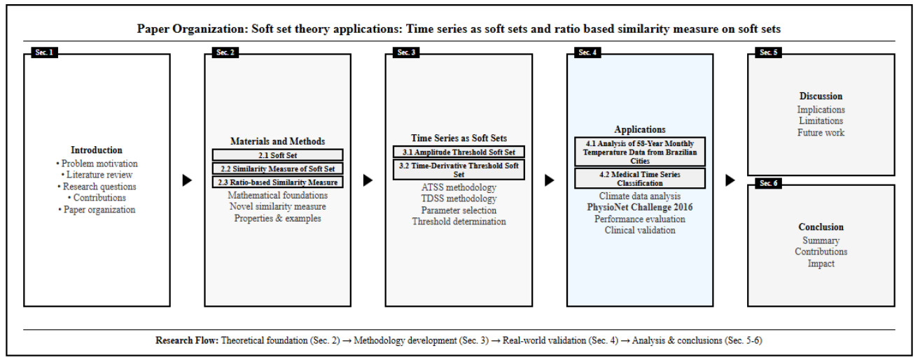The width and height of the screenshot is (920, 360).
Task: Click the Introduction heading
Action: (x=97, y=150)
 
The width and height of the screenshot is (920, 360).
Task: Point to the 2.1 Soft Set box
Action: (x=278, y=154)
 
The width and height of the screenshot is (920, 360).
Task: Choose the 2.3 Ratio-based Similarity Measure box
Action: (x=278, y=182)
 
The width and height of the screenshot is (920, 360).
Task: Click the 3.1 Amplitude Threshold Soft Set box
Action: (x=459, y=152)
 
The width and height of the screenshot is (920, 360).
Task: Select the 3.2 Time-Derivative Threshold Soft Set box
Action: (x=459, y=170)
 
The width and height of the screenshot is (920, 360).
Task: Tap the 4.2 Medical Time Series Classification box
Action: (x=639, y=178)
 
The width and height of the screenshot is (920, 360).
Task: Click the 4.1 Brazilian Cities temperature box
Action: (x=639, y=152)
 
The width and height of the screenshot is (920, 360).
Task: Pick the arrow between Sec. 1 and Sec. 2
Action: (x=187, y=180)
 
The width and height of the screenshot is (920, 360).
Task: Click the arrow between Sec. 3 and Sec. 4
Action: (x=550, y=180)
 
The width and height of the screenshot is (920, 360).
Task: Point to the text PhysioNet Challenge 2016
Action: (x=639, y=208)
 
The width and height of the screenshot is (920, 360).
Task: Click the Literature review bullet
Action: (x=97, y=175)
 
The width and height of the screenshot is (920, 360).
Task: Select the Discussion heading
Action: (x=821, y=96)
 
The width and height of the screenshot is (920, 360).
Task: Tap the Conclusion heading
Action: (x=821, y=227)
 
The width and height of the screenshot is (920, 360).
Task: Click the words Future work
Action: (x=821, y=133)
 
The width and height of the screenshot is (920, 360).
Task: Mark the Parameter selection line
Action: (x=459, y=210)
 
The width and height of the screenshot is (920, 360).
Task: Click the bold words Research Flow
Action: (x=187, y=341)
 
